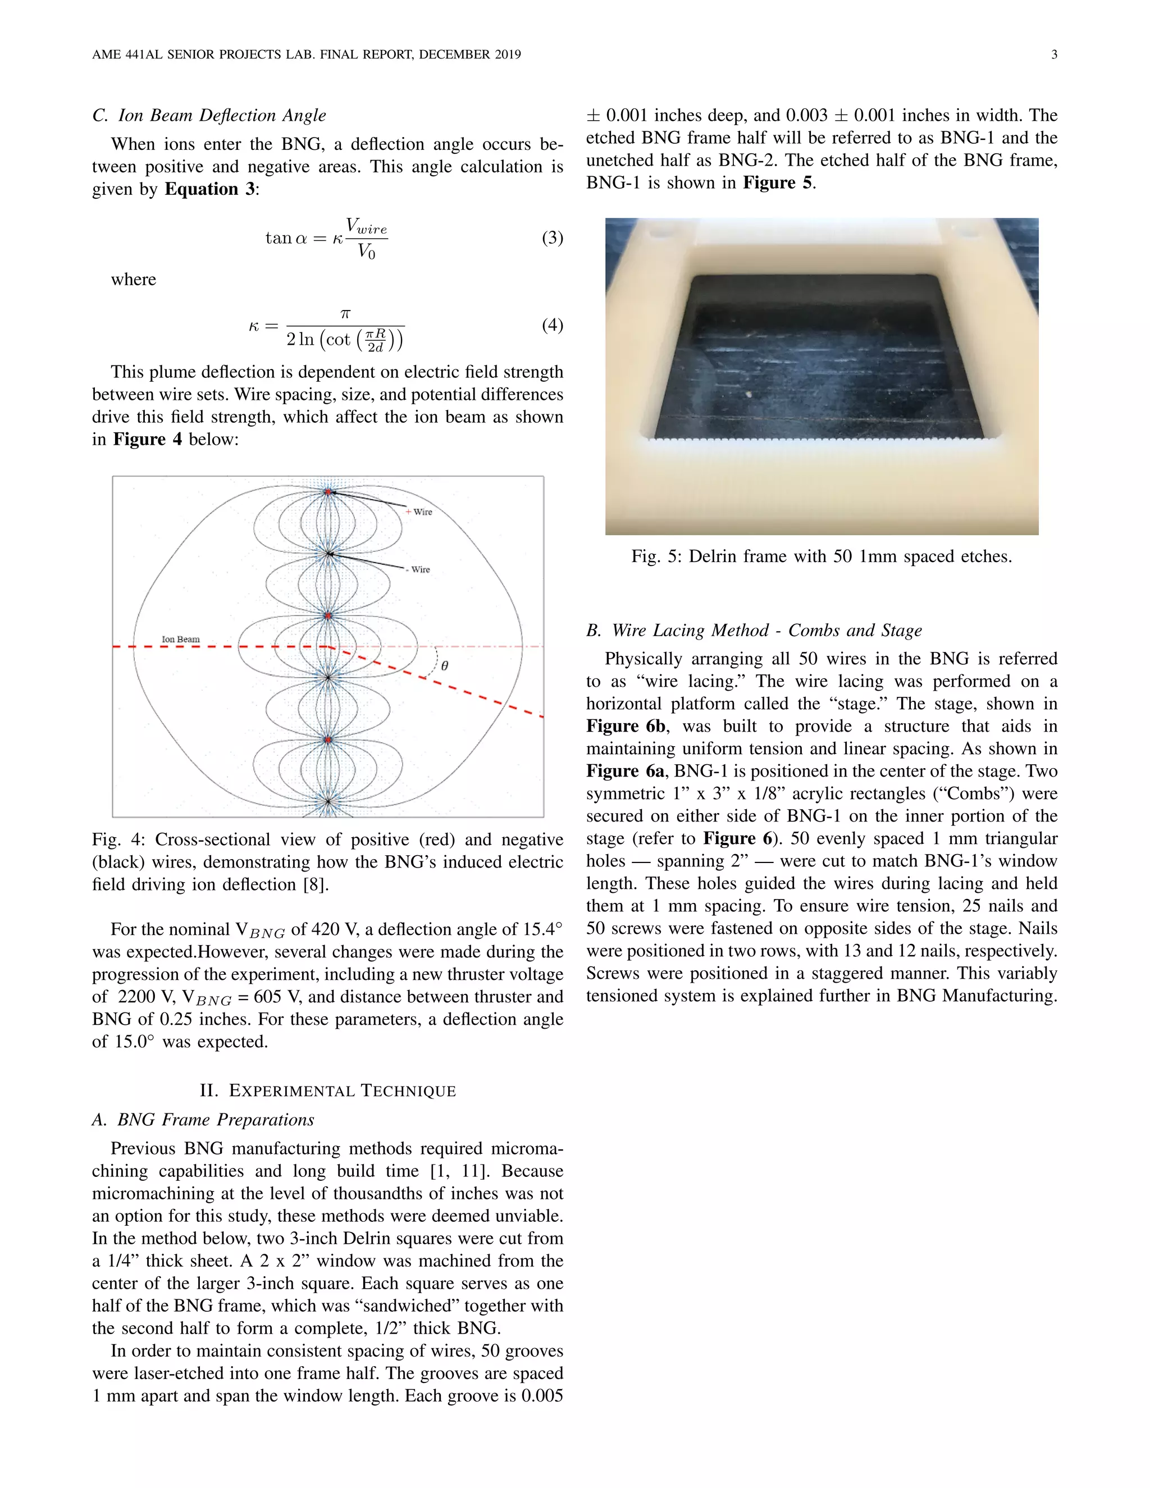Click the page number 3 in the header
1054,54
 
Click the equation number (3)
552,238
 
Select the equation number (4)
552,325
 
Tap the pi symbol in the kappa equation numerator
345,313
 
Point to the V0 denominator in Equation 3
367,252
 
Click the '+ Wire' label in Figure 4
419,512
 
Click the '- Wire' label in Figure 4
418,569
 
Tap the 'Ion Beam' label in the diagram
181,639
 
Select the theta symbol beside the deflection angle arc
445,665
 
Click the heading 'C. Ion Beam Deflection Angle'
209,115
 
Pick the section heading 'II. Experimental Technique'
328,1091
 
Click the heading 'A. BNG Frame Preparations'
203,1120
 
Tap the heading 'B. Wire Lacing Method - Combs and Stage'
754,630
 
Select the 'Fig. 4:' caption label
118,839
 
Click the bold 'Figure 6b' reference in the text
626,726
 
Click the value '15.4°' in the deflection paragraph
542,929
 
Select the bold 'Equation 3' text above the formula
209,189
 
